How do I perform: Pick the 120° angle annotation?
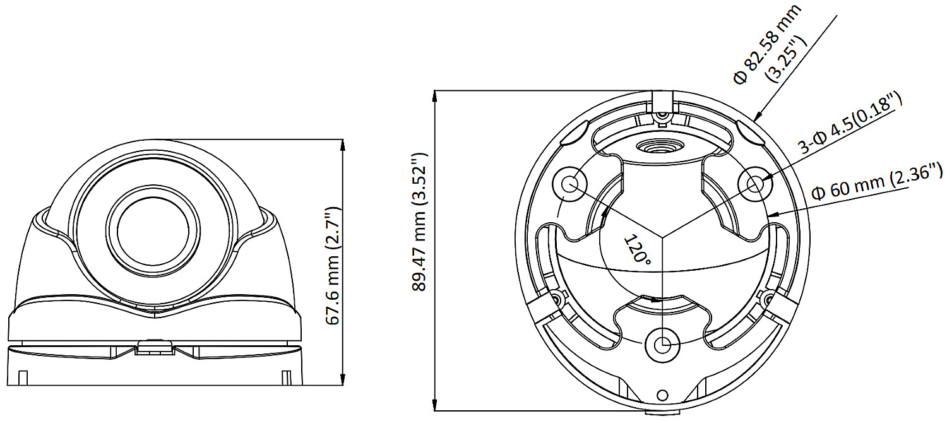pyautogui.click(x=637, y=249)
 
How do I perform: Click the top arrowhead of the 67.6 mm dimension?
pyautogui.click(x=343, y=143)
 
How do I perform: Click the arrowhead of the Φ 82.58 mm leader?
pyautogui.click(x=758, y=116)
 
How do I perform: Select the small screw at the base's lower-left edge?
pyautogui.click(x=556, y=297)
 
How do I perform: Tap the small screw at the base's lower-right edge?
pyautogui.click(x=769, y=297)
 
